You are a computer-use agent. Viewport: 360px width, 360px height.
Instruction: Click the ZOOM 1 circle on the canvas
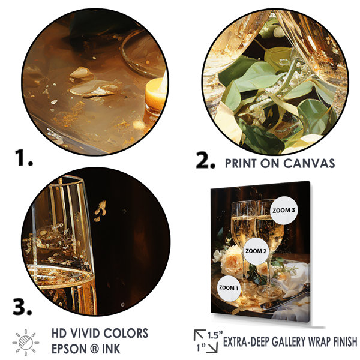click(x=229, y=289)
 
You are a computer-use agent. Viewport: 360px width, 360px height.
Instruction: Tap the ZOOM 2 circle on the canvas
click(x=256, y=251)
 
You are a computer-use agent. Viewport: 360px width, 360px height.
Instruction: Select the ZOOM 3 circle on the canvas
click(x=284, y=211)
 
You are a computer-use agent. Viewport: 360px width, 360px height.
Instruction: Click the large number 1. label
click(x=24, y=158)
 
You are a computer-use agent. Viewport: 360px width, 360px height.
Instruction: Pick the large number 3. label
click(x=22, y=307)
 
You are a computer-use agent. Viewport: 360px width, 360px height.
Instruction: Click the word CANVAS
click(x=309, y=163)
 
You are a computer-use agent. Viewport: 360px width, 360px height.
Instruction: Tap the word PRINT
click(x=241, y=163)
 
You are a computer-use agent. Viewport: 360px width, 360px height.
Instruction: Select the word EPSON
click(x=68, y=349)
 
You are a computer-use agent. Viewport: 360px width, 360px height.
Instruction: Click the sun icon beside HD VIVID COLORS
click(x=25, y=343)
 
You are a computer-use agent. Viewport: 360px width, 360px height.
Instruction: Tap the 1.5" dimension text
click(x=215, y=335)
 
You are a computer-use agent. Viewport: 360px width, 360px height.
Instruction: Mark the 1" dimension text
click(x=201, y=348)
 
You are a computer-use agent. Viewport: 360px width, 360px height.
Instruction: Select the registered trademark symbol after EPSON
click(x=93, y=349)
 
